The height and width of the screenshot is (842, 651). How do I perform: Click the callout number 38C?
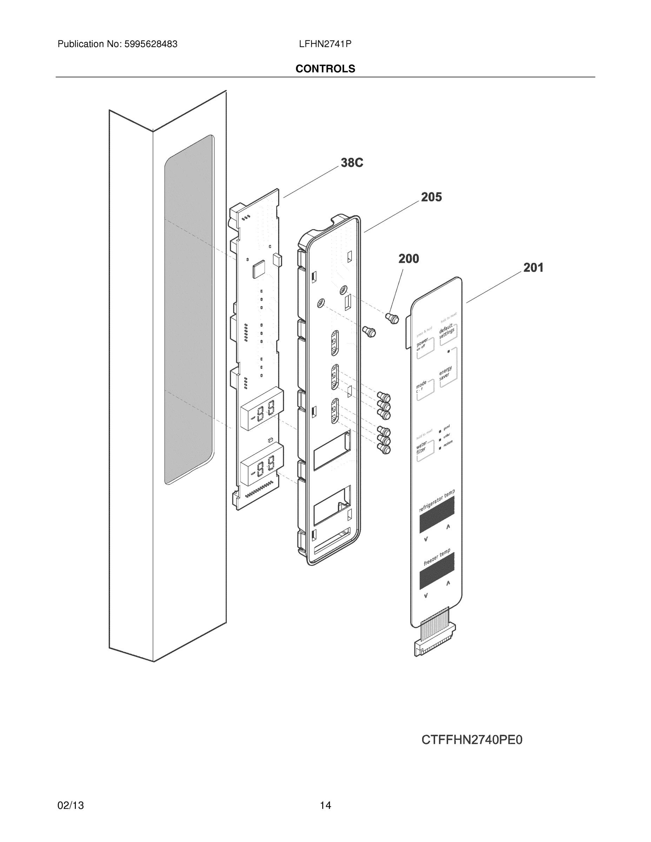(x=351, y=163)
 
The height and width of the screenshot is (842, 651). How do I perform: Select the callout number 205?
(x=431, y=197)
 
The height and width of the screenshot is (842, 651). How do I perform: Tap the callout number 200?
(x=408, y=259)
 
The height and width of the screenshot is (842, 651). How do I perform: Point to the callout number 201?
(x=533, y=268)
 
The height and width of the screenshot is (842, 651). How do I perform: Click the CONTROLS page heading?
(x=325, y=69)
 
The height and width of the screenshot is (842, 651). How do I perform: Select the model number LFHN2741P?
(x=325, y=44)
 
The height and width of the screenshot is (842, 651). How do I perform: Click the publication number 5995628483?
(x=151, y=44)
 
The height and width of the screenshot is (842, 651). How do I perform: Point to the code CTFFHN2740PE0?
(x=472, y=740)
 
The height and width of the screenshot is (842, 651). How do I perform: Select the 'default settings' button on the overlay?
(x=447, y=332)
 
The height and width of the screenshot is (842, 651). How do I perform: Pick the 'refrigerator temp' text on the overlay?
(x=437, y=501)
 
